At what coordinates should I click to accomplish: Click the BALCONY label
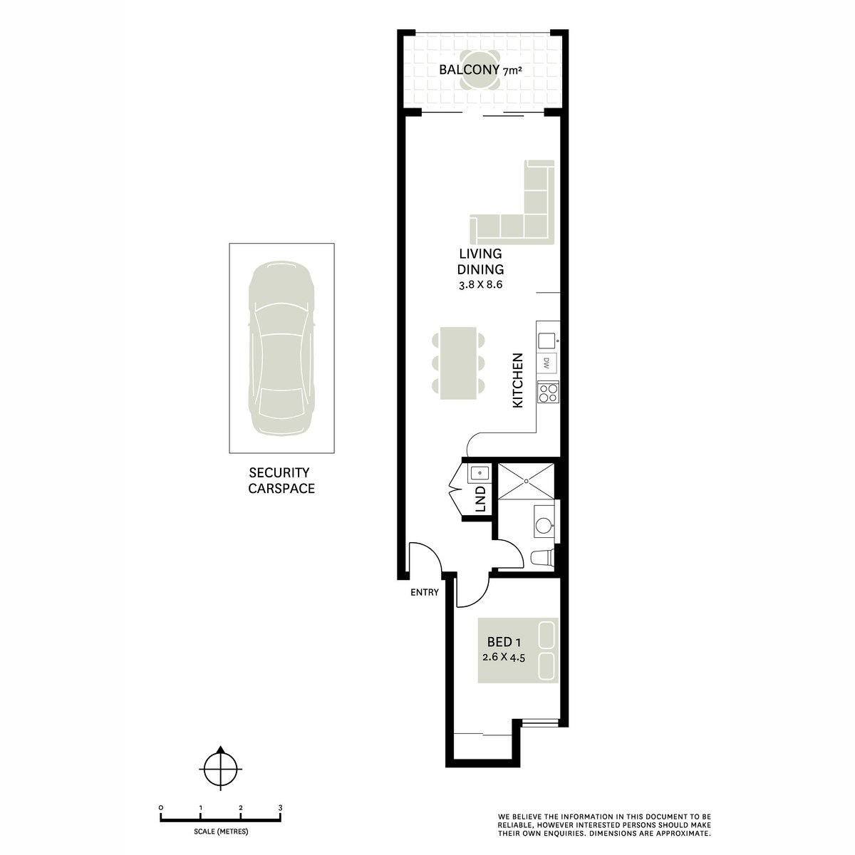469,70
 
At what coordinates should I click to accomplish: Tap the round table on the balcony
480,70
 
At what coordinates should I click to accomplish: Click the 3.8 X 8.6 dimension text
480,284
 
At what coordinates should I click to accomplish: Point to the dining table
458,363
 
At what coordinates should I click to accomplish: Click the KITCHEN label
518,380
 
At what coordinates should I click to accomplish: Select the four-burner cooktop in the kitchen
548,392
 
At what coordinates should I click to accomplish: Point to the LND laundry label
481,499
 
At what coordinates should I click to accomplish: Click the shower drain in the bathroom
527,481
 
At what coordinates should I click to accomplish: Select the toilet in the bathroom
542,557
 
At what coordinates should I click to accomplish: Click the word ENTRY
424,592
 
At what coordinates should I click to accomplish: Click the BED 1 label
504,641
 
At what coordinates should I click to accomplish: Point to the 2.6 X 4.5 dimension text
504,657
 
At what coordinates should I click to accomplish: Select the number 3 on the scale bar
280,808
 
